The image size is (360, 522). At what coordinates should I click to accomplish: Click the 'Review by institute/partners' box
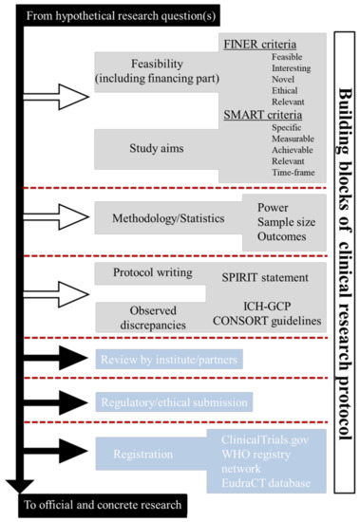point(168,358)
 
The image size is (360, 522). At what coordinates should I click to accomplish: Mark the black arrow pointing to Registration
point(59,454)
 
